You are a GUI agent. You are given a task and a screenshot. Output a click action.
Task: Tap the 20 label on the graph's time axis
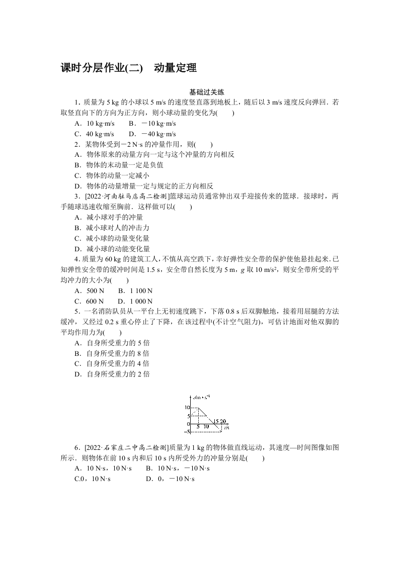point(224,421)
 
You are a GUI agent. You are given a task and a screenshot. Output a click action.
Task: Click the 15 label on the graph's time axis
point(216,421)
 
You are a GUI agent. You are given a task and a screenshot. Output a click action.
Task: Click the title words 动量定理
point(175,68)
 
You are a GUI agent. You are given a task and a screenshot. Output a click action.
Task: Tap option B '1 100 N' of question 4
point(135,291)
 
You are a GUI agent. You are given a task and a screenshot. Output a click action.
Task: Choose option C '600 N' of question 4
point(89,301)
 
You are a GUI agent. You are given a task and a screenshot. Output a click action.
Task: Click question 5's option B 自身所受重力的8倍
point(111,353)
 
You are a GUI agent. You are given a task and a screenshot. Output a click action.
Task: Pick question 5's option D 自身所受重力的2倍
point(111,374)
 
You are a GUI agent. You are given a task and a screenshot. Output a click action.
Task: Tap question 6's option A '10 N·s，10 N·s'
point(103,468)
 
